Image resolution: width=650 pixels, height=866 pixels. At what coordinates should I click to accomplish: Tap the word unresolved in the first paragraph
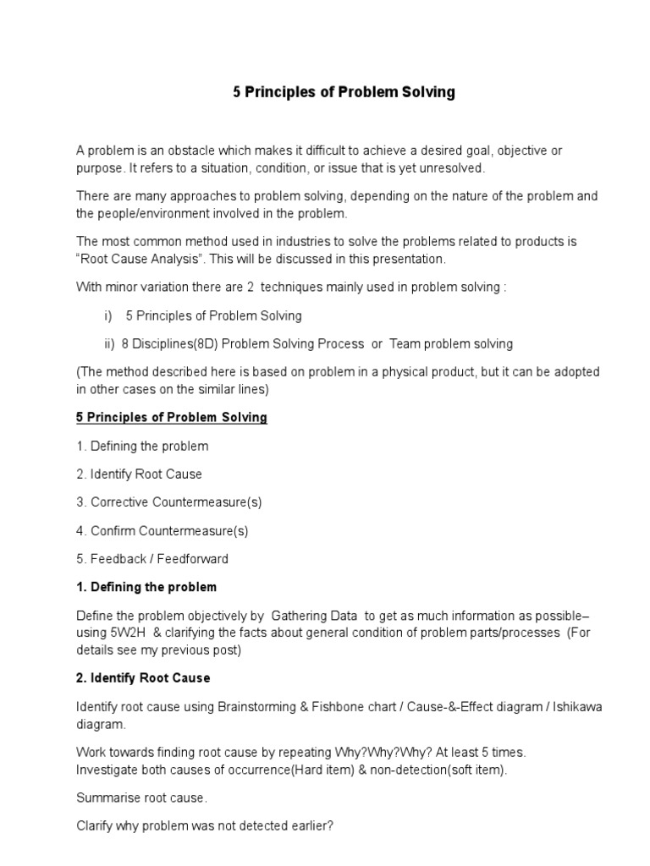[x=449, y=167]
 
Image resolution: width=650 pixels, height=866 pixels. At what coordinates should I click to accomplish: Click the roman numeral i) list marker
[x=108, y=315]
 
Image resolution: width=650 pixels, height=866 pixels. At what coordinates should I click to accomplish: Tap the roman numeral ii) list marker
[x=109, y=343]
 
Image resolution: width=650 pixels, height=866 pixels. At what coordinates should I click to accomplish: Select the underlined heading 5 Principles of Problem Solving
[x=172, y=417]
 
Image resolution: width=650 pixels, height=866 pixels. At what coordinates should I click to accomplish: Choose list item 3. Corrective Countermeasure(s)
[x=169, y=502]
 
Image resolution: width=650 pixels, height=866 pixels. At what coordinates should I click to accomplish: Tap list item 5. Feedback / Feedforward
[x=152, y=559]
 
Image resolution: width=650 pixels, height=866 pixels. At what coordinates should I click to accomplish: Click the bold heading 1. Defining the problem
[x=146, y=587]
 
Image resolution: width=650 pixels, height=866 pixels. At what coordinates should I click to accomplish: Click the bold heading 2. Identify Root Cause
[x=143, y=678]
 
